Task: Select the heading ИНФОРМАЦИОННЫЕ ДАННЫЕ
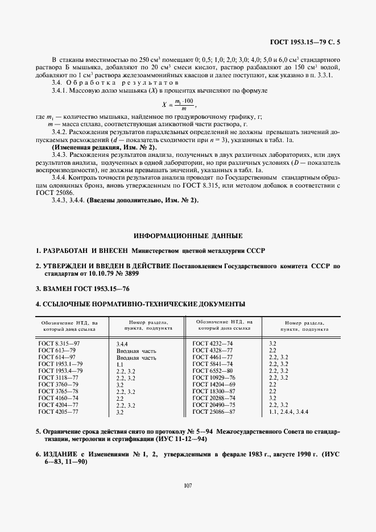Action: pyautogui.click(x=188, y=236)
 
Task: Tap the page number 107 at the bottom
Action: pyautogui.click(x=188, y=485)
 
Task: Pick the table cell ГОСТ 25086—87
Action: pyautogui.click(x=213, y=411)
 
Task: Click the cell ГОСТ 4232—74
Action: pyautogui.click(x=213, y=344)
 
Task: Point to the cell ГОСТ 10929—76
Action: pyautogui.click(x=214, y=377)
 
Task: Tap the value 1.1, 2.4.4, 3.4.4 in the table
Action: pyautogui.click(x=292, y=411)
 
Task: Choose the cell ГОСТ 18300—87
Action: pyautogui.click(x=214, y=391)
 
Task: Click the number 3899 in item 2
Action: pyautogui.click(x=130, y=273)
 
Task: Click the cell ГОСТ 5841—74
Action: pyautogui.click(x=213, y=364)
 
